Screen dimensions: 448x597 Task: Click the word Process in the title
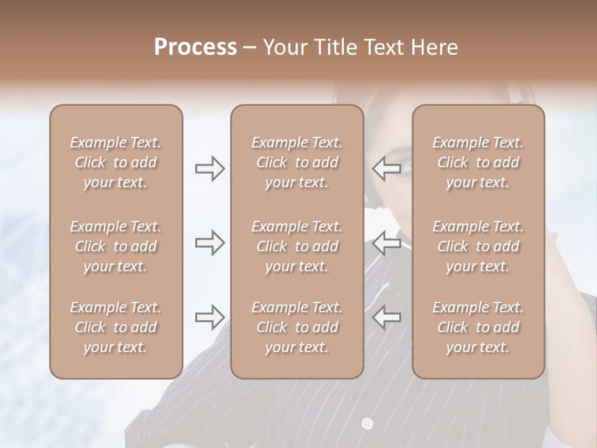(195, 47)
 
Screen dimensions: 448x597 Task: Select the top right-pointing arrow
(210, 169)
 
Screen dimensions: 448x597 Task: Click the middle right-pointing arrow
(210, 243)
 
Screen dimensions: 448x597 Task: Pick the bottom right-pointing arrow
(210, 317)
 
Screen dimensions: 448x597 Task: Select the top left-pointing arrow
(386, 169)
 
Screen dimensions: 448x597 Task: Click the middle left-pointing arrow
(386, 243)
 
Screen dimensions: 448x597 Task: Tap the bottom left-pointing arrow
(386, 317)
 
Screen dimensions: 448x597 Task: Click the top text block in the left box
(116, 162)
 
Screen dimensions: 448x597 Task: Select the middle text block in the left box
(116, 246)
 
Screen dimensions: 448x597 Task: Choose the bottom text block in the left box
(116, 327)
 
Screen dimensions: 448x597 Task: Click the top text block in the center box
(297, 162)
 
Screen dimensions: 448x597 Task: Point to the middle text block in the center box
(297, 246)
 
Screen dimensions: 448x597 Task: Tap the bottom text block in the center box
(297, 327)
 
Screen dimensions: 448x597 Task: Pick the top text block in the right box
(478, 162)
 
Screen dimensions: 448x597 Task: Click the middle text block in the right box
(478, 246)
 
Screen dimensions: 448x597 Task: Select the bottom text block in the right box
(478, 327)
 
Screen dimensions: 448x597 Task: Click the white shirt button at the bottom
(367, 424)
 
